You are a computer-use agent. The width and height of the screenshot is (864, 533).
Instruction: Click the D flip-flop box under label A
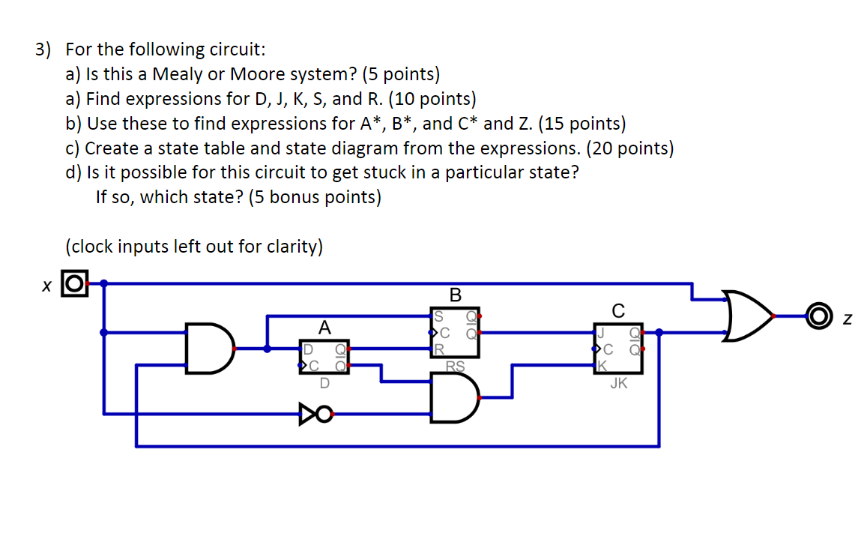[x=324, y=357]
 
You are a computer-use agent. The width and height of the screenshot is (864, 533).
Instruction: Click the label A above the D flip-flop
[x=324, y=327]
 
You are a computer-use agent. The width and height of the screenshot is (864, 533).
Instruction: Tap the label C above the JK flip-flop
[x=618, y=309]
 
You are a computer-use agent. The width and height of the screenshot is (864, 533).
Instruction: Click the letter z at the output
[x=846, y=320]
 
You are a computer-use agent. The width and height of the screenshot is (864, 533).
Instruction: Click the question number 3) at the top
[x=45, y=49]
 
